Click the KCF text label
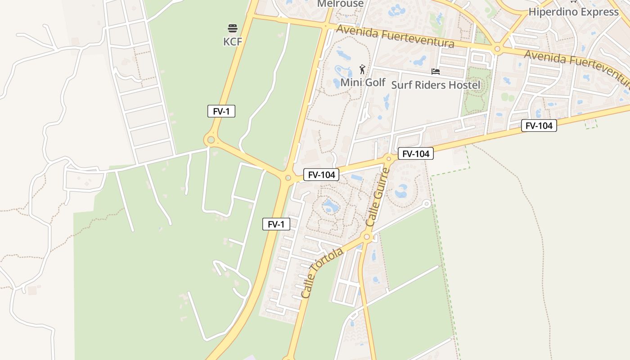click(x=233, y=42)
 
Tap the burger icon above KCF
click(x=233, y=29)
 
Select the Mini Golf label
click(x=363, y=82)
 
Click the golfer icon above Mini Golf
click(x=362, y=69)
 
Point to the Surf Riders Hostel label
click(x=436, y=85)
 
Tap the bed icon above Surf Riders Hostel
click(x=435, y=72)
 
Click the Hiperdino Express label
click(x=573, y=12)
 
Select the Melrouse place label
click(x=340, y=4)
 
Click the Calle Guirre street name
click(x=378, y=198)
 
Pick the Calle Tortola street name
click(x=322, y=273)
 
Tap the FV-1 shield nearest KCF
click(x=221, y=111)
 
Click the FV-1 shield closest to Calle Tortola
click(x=276, y=224)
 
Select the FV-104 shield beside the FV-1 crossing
click(x=321, y=175)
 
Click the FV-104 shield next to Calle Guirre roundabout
click(x=416, y=154)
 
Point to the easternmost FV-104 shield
click(x=539, y=126)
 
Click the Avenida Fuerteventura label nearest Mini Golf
click(x=395, y=36)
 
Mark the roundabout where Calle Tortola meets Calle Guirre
click(x=367, y=237)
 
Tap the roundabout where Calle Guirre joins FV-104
click(x=389, y=158)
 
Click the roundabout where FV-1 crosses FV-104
click(x=288, y=178)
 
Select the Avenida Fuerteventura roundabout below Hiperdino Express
click(x=497, y=49)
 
